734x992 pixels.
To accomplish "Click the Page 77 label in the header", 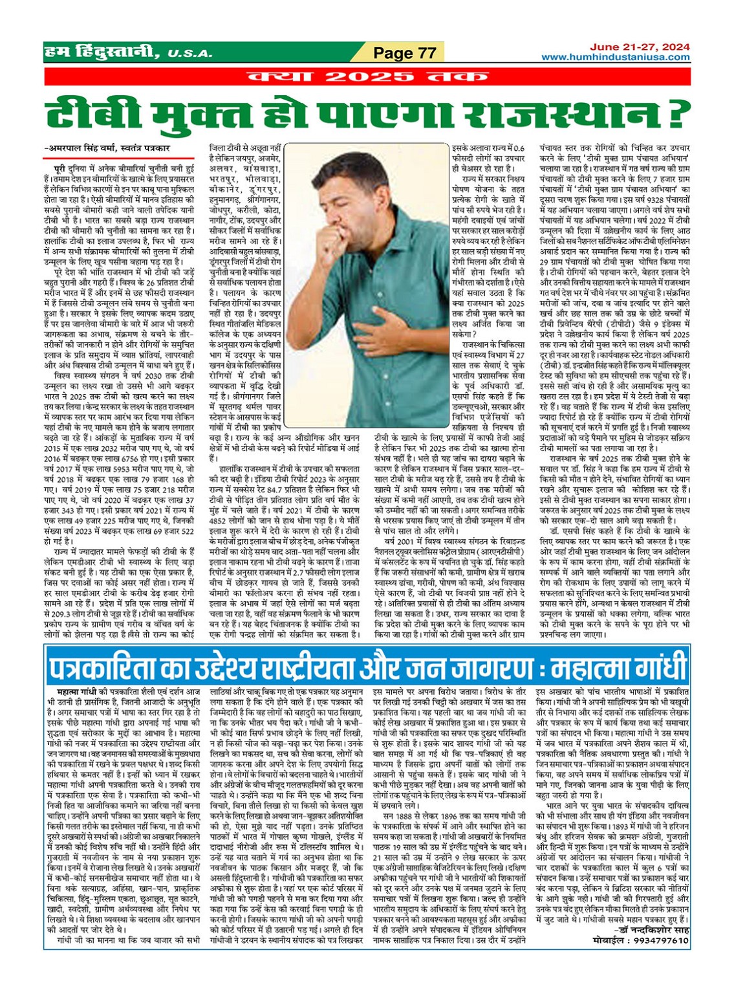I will [405, 53].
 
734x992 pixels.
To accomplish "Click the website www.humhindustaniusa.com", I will [615, 58].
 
